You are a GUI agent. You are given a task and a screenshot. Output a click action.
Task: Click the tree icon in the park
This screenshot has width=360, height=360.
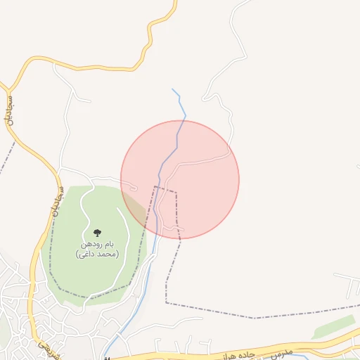(96, 233)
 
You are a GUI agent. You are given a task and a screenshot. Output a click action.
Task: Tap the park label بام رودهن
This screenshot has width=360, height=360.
(96, 244)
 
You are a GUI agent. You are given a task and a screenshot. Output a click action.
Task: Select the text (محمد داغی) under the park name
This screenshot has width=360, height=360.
(97, 253)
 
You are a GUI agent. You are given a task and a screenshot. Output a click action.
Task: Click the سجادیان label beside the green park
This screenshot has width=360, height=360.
(56, 202)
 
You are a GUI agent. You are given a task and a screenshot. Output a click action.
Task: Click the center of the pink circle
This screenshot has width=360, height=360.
(180, 179)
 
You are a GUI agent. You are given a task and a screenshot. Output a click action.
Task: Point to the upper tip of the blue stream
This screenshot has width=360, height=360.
(173, 89)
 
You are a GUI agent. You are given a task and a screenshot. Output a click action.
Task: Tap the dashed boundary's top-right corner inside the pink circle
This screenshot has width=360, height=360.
(176, 191)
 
